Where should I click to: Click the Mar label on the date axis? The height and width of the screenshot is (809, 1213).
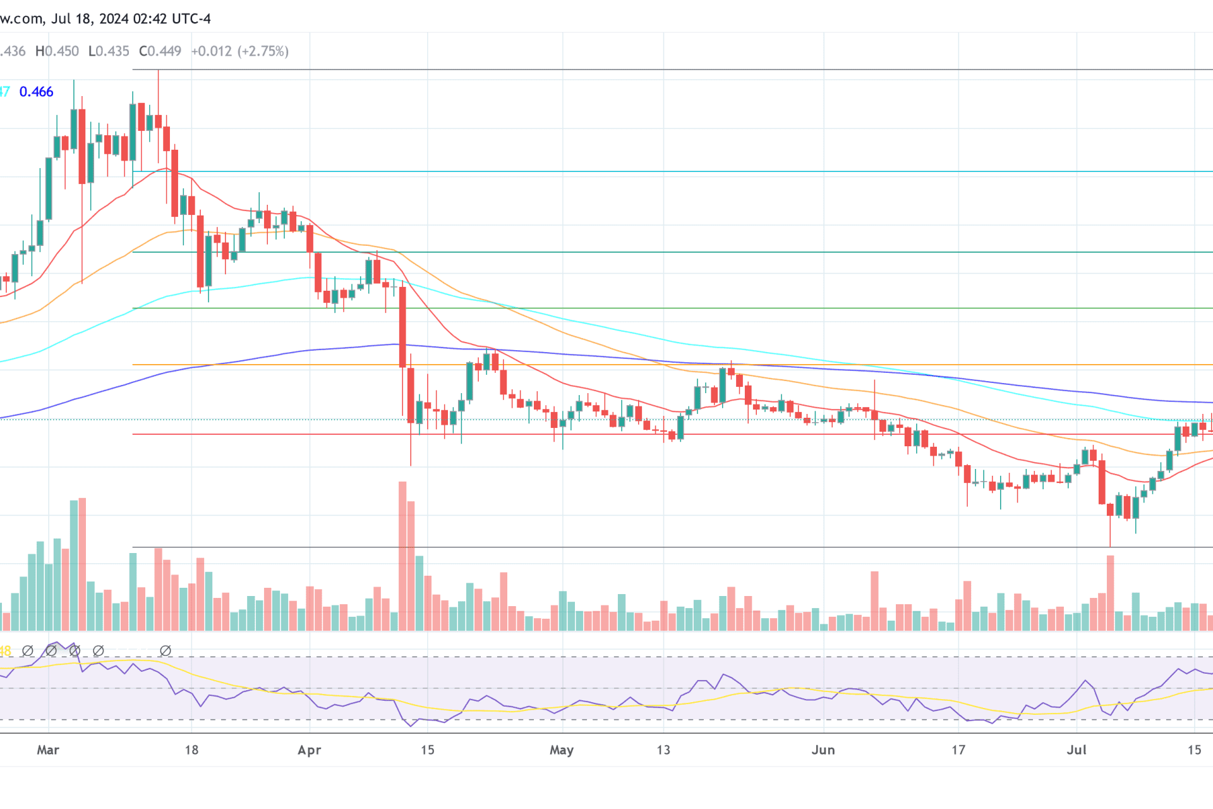click(x=48, y=750)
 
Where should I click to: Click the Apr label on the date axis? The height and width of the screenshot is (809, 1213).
click(x=310, y=750)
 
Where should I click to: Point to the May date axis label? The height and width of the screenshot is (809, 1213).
click(x=562, y=750)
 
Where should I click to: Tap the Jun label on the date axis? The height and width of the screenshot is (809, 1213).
click(x=823, y=750)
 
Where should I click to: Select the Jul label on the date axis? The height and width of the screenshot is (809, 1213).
click(x=1077, y=750)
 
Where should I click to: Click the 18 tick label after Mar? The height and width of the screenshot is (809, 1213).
click(x=191, y=750)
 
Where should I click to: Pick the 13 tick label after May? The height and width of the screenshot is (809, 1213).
click(x=663, y=750)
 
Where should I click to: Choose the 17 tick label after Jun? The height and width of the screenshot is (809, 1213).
click(x=958, y=750)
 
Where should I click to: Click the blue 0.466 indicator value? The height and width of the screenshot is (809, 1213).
click(x=36, y=92)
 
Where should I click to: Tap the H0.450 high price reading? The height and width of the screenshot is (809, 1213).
click(x=57, y=51)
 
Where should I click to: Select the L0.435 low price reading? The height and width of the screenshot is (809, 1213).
click(x=109, y=51)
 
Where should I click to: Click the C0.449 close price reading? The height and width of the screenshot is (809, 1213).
click(x=160, y=51)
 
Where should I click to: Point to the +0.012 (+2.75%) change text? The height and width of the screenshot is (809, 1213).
click(x=240, y=51)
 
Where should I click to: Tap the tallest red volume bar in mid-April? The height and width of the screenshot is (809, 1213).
click(x=402, y=556)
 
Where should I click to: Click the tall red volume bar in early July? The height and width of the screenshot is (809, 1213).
click(x=1110, y=593)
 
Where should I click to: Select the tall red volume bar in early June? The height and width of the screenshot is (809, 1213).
click(x=874, y=600)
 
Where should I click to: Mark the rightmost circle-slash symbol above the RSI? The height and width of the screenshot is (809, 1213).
click(x=166, y=650)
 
